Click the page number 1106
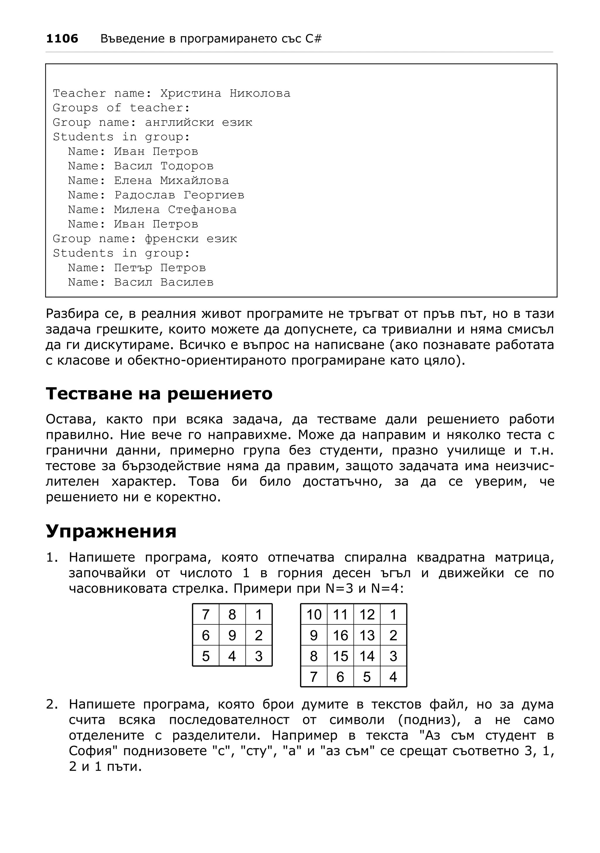[x=62, y=39]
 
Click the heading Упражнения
[x=111, y=531]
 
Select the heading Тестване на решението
[x=159, y=393]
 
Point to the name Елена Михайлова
[x=171, y=181]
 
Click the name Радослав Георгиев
[x=179, y=195]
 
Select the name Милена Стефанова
[x=175, y=210]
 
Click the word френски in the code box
[x=172, y=239]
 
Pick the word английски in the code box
[x=179, y=122]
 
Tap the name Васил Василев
[x=163, y=282]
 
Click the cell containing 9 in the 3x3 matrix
[x=232, y=635]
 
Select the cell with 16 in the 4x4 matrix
[x=340, y=635]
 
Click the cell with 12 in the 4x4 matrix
[x=367, y=614]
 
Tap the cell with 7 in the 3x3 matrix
[x=206, y=614]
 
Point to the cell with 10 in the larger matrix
[x=314, y=614]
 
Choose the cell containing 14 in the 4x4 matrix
[x=367, y=656]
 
